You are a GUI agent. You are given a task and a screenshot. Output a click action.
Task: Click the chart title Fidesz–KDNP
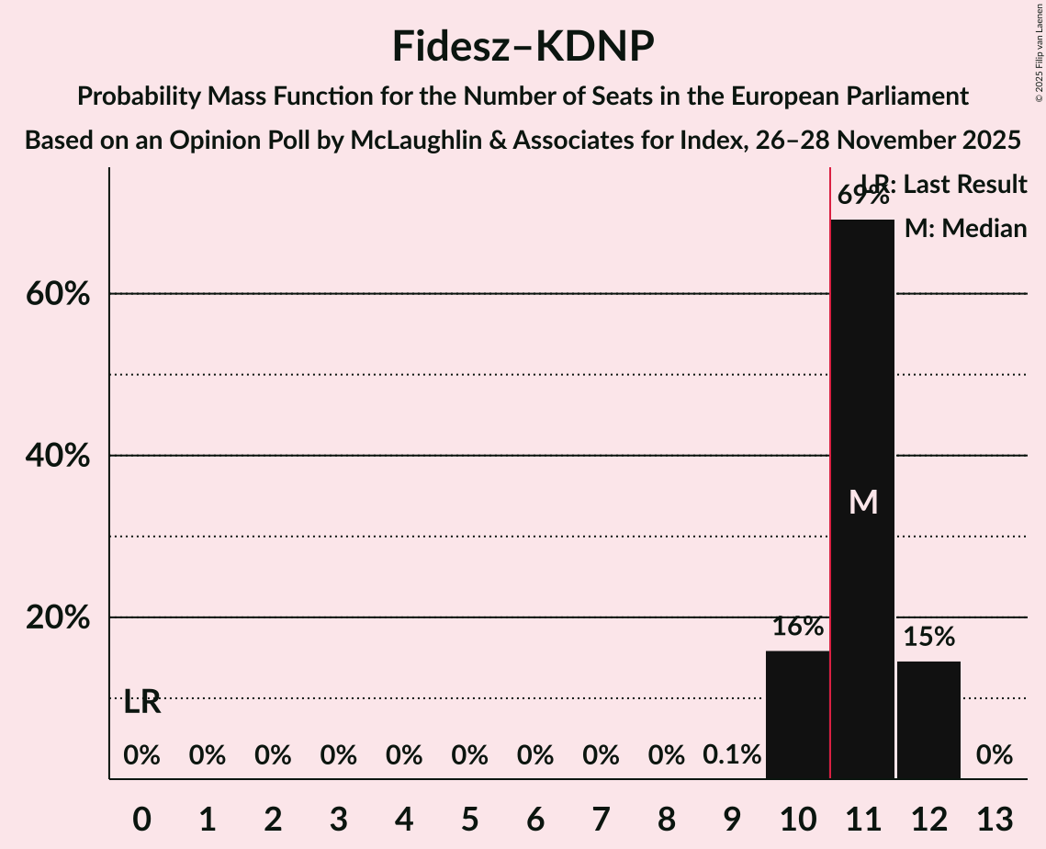click(523, 46)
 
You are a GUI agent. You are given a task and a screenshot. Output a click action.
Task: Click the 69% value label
click(862, 196)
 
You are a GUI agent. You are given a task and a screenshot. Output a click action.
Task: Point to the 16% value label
click(797, 628)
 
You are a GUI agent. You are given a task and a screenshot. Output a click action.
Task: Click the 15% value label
click(928, 637)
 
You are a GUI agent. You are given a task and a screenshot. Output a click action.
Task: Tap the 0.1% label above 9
click(732, 755)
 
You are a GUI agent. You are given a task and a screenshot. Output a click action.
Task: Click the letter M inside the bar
click(863, 502)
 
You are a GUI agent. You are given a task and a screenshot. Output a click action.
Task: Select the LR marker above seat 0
click(142, 703)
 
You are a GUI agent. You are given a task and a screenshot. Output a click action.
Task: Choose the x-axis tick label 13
click(995, 819)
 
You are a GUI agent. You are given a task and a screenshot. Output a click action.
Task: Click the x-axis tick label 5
click(469, 819)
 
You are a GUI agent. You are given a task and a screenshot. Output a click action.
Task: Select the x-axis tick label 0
click(141, 819)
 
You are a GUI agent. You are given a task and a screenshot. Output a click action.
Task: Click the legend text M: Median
click(965, 229)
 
